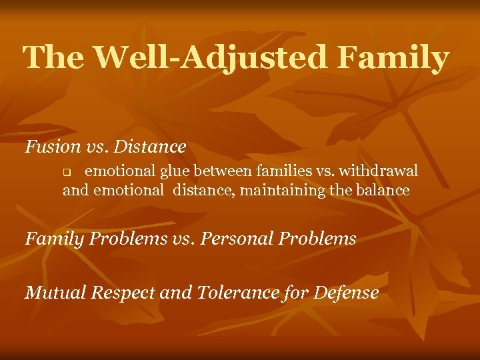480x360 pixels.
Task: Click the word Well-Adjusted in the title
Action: pos(210,58)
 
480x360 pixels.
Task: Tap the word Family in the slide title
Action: pos(393,58)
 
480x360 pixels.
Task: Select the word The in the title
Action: pos(54,58)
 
